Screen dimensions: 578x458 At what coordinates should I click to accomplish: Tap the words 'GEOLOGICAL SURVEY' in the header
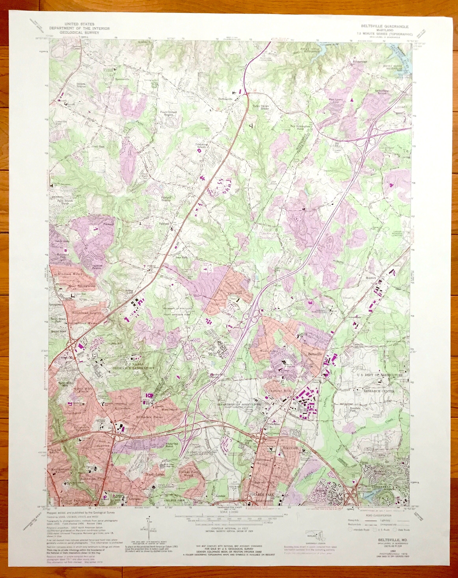(x=79, y=32)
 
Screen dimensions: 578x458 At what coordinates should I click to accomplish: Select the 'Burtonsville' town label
(x=225, y=99)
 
